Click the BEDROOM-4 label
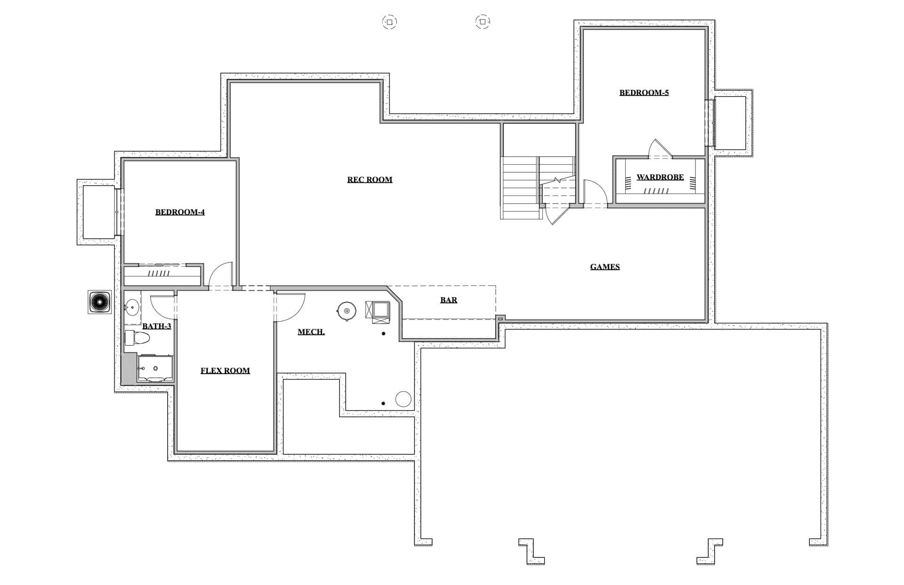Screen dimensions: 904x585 pos(180,212)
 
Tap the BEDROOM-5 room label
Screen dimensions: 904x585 pos(644,92)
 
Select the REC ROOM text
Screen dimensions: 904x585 pos(370,179)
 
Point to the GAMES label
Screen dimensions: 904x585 pos(605,267)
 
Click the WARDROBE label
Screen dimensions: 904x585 pos(660,177)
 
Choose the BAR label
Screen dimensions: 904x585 pos(449,300)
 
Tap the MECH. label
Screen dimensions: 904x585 pos(311,332)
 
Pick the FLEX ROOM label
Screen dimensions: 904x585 pos(225,371)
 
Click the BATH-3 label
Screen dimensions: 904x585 pos(157,326)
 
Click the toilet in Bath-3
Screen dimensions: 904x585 pos(137,338)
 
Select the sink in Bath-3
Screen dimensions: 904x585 pos(132,308)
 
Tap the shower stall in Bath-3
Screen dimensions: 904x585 pos(155,368)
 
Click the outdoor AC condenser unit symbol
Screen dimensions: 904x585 pos(100,302)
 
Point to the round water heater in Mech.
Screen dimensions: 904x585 pos(347,311)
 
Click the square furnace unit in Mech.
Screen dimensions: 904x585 pos(378,312)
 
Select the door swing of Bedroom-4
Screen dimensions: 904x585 pos(220,274)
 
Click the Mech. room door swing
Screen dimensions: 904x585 pos(290,308)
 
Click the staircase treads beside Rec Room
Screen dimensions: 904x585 pos(521,188)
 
